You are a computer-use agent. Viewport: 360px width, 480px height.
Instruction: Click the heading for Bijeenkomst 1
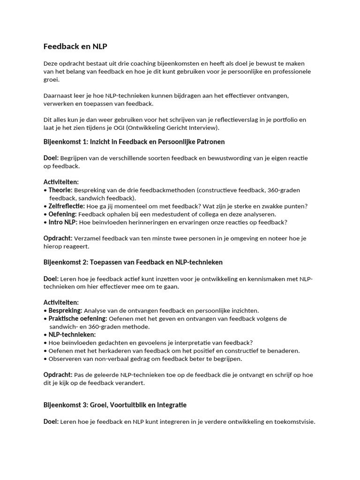pyautogui.click(x=134, y=142)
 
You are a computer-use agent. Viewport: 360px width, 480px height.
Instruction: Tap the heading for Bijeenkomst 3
pyautogui.click(x=115, y=405)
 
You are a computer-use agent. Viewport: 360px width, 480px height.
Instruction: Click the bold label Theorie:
pyautogui.click(x=60, y=190)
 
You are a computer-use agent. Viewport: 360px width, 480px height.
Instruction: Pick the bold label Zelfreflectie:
pyautogui.click(x=67, y=206)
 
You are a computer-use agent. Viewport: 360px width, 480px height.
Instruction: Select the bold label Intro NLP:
pyautogui.click(x=63, y=222)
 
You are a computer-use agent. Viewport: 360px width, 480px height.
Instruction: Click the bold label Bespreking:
pyautogui.click(x=65, y=310)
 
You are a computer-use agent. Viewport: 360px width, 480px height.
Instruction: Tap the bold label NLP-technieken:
pyautogui.click(x=72, y=335)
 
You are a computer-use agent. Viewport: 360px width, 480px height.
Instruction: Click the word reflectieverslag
pyautogui.click(x=216, y=120)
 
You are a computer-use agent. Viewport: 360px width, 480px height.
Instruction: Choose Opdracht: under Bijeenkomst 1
pyautogui.click(x=58, y=238)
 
